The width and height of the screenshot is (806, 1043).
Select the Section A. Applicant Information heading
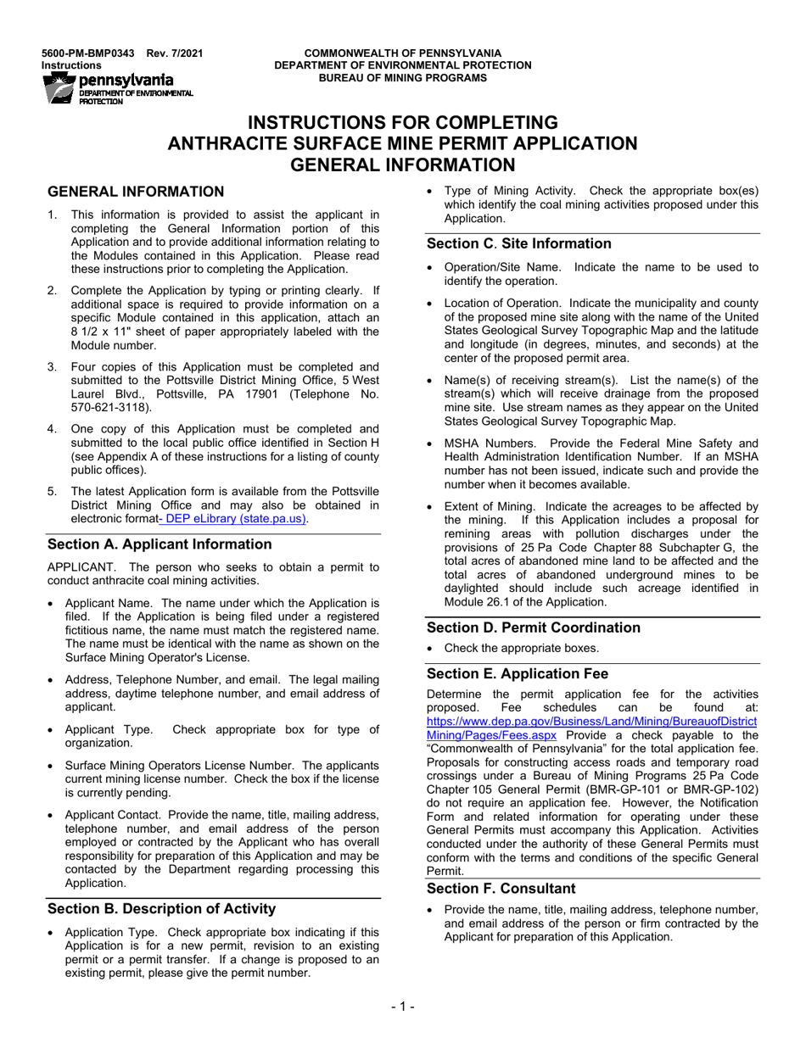click(160, 544)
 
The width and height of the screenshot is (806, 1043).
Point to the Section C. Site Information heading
click(518, 243)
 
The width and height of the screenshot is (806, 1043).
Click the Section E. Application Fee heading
click(517, 673)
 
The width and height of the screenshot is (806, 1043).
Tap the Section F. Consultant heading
click(501, 888)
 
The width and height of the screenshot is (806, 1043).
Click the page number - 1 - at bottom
click(402, 1007)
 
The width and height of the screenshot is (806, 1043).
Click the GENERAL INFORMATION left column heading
click(136, 192)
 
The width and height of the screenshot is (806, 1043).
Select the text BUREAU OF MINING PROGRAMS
click(402, 77)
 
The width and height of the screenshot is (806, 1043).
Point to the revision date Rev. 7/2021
click(175, 53)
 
